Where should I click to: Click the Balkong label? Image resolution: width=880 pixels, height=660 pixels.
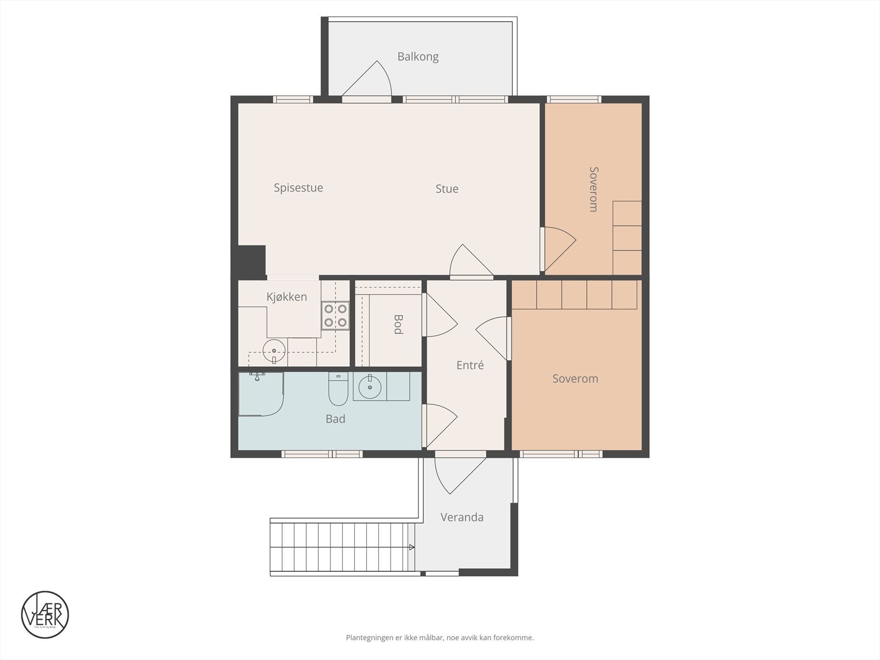tap(418, 57)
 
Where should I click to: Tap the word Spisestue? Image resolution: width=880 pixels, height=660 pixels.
tap(298, 188)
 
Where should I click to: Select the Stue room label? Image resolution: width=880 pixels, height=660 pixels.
tap(447, 189)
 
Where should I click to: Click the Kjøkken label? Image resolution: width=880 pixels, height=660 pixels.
tap(287, 297)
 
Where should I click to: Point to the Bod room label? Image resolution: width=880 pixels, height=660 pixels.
tap(398, 324)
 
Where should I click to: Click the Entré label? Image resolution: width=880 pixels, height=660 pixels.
tap(470, 365)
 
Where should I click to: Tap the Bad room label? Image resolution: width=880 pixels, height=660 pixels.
tap(335, 419)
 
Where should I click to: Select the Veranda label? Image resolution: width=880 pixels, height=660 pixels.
tap(461, 518)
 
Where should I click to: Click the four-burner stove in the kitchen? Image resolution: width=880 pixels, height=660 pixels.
tap(335, 316)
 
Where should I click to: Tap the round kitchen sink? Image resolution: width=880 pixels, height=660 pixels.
tap(273, 350)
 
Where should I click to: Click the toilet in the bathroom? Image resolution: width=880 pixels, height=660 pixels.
tap(337, 389)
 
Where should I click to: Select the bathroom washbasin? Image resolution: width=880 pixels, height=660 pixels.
tap(370, 387)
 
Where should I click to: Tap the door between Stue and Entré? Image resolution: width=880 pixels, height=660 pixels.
tap(470, 262)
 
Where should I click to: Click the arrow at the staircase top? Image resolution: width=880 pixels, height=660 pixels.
tap(411, 547)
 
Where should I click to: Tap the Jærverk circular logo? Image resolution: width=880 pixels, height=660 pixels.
tap(45, 615)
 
